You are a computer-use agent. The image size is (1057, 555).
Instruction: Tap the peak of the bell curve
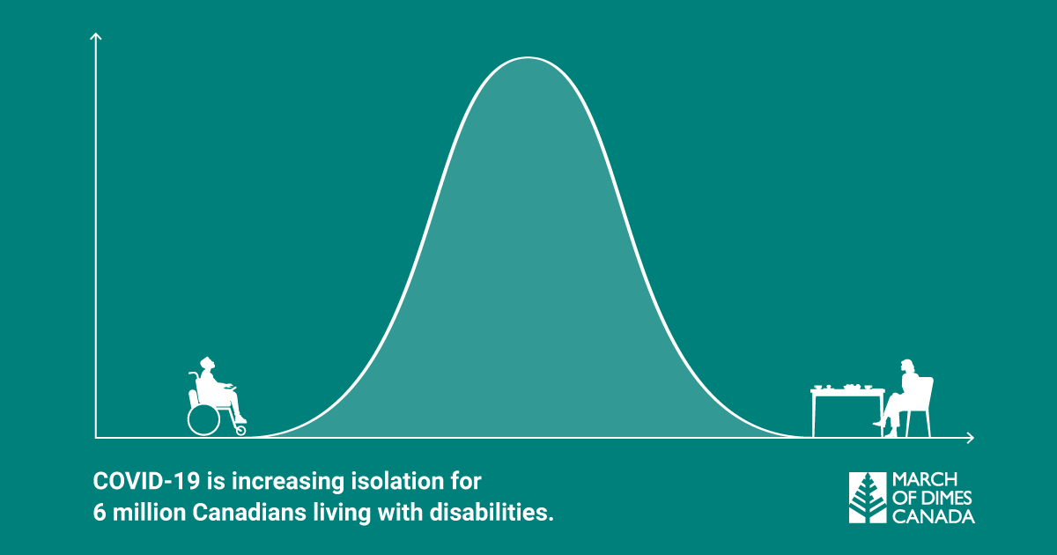coord(528,57)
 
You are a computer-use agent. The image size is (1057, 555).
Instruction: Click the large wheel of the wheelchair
coord(203,419)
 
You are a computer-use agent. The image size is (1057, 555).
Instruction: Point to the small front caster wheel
coord(240,430)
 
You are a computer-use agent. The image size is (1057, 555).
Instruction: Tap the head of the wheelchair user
coord(207,364)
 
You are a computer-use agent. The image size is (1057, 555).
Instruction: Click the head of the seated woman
coord(907,367)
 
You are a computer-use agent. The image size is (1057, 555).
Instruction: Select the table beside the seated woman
coord(847,411)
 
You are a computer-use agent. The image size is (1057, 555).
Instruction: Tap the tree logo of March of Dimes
coord(868,498)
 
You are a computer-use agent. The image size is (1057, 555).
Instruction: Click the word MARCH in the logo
coord(924,480)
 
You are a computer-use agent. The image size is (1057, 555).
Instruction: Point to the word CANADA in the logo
coord(934,516)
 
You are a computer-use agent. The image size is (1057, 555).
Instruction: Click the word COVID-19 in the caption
coord(147,481)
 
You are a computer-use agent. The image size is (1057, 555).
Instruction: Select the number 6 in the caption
coord(99,513)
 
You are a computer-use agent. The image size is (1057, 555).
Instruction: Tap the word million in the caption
coord(149,513)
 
